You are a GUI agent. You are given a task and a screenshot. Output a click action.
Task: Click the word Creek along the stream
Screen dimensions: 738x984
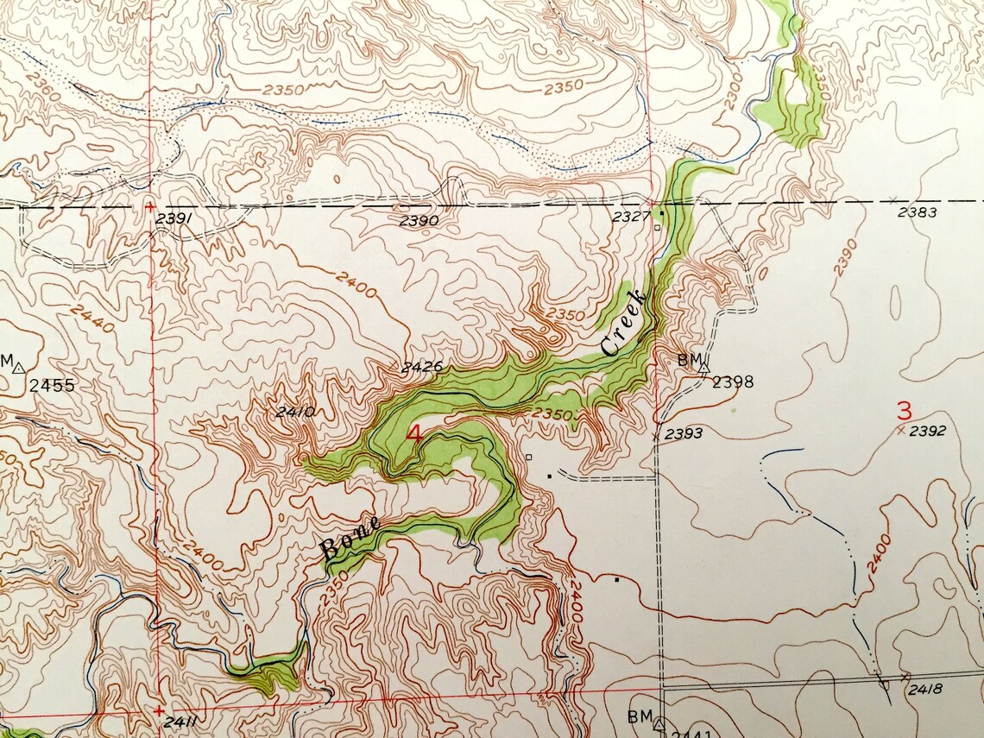[x=624, y=323]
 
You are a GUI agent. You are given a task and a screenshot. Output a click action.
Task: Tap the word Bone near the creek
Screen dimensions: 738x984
[x=350, y=535]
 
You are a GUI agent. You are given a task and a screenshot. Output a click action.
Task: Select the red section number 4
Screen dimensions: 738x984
[x=414, y=434]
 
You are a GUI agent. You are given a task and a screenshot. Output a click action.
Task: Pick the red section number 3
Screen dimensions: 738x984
[x=904, y=410]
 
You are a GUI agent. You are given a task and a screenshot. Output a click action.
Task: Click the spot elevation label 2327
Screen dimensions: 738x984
[x=630, y=217]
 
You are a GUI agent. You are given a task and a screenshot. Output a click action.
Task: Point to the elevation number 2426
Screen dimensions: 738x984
[x=422, y=367]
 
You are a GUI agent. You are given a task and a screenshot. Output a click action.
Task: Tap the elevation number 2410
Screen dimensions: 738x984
[x=295, y=412]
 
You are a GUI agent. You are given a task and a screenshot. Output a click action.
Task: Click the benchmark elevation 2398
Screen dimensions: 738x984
[x=733, y=381]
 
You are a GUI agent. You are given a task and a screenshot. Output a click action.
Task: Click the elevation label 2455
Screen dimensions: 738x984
[x=52, y=385]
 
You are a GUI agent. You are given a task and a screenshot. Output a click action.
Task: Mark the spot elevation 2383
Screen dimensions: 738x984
[x=917, y=211]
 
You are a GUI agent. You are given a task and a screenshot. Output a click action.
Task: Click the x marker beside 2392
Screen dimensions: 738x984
[x=901, y=430]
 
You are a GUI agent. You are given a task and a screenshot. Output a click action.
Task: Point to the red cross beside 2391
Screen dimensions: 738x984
[x=150, y=207]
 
